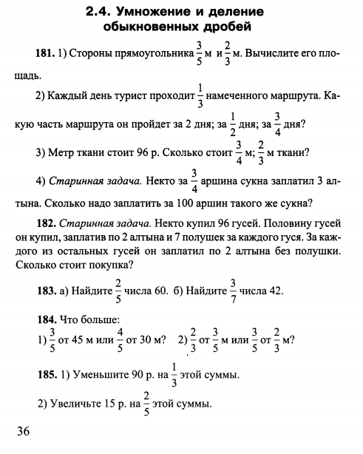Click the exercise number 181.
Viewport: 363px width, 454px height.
pos(46,56)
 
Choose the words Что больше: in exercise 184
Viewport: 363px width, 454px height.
pos(88,319)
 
